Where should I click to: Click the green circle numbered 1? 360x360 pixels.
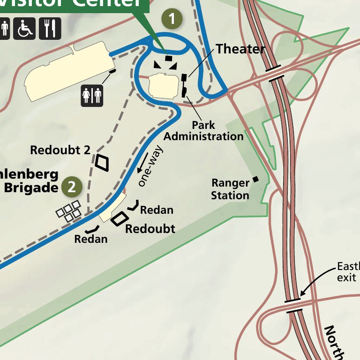[x=172, y=19]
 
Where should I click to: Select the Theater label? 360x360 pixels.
[x=240, y=49]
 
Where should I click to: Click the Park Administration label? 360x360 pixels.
[x=203, y=131]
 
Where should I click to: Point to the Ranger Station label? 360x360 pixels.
[x=230, y=189]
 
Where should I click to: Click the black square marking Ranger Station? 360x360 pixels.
[x=256, y=179]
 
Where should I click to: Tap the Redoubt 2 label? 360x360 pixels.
[x=60, y=150]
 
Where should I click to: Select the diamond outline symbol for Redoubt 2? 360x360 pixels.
[x=102, y=162]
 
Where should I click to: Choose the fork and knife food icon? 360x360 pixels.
[x=50, y=29]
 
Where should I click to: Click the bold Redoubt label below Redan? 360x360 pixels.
[x=150, y=229]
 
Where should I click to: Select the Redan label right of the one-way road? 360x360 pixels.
[x=157, y=210]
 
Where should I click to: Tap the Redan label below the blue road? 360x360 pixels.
[x=91, y=239]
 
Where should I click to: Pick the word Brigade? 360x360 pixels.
[x=30, y=187]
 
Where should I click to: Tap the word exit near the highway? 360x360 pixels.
[x=346, y=277]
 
